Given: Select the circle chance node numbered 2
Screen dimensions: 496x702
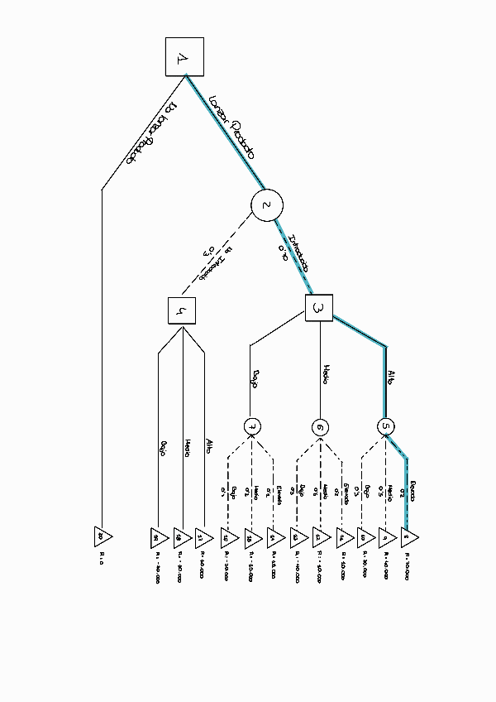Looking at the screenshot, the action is click(x=267, y=205).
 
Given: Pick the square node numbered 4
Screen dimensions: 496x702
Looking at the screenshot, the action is click(x=181, y=312).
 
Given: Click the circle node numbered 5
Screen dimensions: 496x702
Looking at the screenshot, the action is click(x=386, y=427).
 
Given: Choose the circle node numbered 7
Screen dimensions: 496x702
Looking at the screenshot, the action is click(x=253, y=427).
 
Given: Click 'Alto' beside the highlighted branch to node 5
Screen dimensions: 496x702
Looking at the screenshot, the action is click(x=393, y=377).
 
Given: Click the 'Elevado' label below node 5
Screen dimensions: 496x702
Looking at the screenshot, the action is click(x=413, y=487).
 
